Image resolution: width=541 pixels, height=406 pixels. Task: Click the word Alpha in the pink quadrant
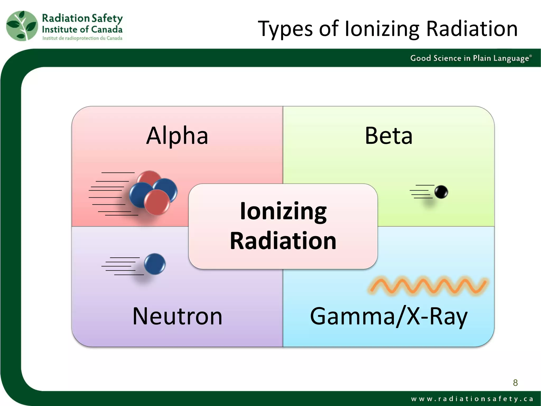pyautogui.click(x=177, y=136)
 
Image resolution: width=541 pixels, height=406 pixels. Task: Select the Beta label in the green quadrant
pyautogui.click(x=388, y=136)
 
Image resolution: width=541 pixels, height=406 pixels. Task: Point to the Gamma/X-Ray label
pyautogui.click(x=389, y=317)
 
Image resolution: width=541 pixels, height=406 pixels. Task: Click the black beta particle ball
pyautogui.click(x=441, y=192)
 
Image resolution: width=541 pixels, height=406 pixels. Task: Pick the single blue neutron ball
pyautogui.click(x=155, y=264)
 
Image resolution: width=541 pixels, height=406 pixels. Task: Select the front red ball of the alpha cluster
pyautogui.click(x=157, y=202)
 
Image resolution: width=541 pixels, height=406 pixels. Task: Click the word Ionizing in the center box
pyautogui.click(x=283, y=211)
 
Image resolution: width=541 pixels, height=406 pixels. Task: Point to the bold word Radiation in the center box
pyautogui.click(x=283, y=241)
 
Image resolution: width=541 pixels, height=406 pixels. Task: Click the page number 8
pyautogui.click(x=515, y=382)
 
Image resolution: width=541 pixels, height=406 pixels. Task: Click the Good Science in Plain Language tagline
pyautogui.click(x=470, y=58)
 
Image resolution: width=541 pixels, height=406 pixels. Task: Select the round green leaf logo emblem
pyautogui.click(x=22, y=26)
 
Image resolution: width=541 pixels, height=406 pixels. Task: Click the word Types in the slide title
pyautogui.click(x=285, y=29)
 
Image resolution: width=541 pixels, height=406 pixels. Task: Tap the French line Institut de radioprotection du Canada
pyautogui.click(x=82, y=38)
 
